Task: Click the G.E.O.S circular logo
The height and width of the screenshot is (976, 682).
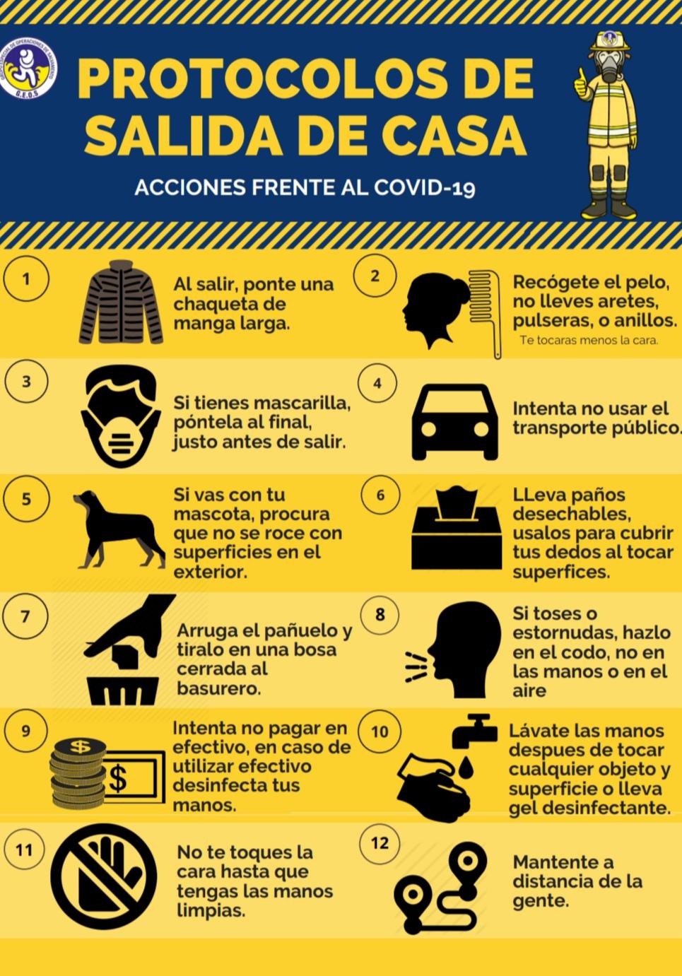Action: (x=28, y=68)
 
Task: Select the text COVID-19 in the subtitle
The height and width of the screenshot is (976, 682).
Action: (x=424, y=188)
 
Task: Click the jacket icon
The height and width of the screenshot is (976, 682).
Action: (x=121, y=302)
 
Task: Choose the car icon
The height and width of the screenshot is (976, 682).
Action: (x=455, y=422)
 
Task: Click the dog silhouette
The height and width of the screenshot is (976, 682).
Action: (x=119, y=529)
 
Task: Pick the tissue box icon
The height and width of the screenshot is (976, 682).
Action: (x=457, y=528)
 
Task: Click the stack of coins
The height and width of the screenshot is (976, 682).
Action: (x=78, y=774)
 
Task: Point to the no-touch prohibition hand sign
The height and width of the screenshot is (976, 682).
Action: (x=106, y=876)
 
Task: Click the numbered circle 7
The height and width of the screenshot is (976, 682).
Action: (x=25, y=617)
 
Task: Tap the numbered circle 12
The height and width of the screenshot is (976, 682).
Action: (x=380, y=843)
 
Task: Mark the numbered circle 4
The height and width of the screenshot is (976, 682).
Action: (x=377, y=384)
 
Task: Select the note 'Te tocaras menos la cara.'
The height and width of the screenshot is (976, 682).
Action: (x=589, y=341)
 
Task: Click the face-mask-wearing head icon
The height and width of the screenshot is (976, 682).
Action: (x=121, y=416)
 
